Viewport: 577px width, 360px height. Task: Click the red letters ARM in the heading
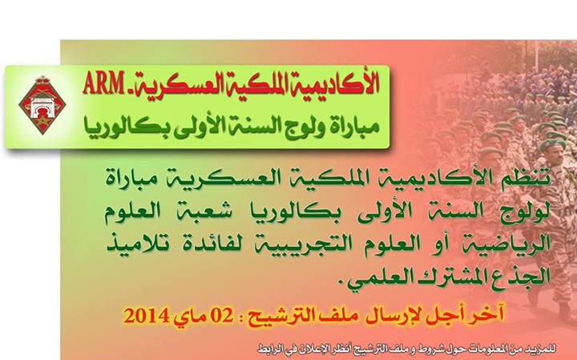103,83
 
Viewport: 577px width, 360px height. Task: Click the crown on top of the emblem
42,80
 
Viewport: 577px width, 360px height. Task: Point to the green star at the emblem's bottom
42,121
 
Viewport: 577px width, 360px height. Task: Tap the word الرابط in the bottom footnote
271,348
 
